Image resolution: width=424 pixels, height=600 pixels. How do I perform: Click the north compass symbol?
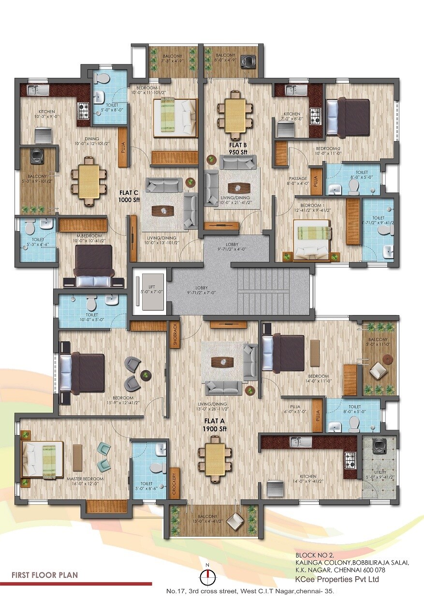tap(207, 575)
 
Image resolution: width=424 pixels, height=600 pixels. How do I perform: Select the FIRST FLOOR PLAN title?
tap(44, 575)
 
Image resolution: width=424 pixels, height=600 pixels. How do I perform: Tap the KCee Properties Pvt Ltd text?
tap(336, 579)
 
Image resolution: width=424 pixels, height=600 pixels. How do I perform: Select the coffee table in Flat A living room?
tap(223, 362)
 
